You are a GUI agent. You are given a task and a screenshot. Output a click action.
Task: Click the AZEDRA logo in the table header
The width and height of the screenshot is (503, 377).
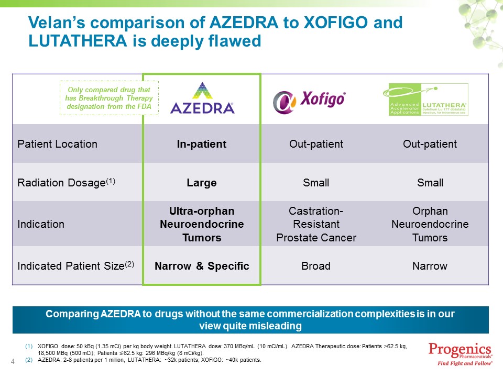pyautogui.click(x=202, y=98)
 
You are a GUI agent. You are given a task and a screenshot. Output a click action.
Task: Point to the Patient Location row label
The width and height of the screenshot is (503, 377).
pyautogui.click(x=57, y=144)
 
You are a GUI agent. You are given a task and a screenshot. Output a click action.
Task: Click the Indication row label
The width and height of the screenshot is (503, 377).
pyautogui.click(x=41, y=224)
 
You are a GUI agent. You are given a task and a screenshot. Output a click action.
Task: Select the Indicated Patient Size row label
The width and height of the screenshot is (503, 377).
pyautogui.click(x=76, y=265)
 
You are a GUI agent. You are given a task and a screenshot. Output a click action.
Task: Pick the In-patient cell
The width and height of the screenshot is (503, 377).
pyautogui.click(x=202, y=144)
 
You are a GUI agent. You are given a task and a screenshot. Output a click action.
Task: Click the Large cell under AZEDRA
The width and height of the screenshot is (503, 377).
pyautogui.click(x=202, y=183)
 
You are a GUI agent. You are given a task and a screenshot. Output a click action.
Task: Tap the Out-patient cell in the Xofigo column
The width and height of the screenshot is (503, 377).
pyautogui.click(x=316, y=144)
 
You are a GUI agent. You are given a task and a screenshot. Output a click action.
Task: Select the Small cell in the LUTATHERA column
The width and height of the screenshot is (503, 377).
pyautogui.click(x=430, y=183)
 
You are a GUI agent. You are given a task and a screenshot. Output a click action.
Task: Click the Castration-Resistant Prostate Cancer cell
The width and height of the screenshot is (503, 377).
pyautogui.click(x=316, y=224)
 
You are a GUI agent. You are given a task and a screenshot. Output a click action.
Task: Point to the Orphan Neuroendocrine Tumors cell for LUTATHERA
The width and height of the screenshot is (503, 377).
pyautogui.click(x=430, y=224)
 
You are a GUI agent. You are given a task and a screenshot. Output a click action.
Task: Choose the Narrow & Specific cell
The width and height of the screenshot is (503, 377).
pyautogui.click(x=202, y=266)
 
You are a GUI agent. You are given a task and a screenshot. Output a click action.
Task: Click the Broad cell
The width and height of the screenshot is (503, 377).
pyautogui.click(x=316, y=266)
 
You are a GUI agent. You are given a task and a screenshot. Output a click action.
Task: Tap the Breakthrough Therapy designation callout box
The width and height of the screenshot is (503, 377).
pyautogui.click(x=109, y=98)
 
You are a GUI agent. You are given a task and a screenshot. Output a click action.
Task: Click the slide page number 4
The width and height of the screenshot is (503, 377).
pyautogui.click(x=13, y=361)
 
